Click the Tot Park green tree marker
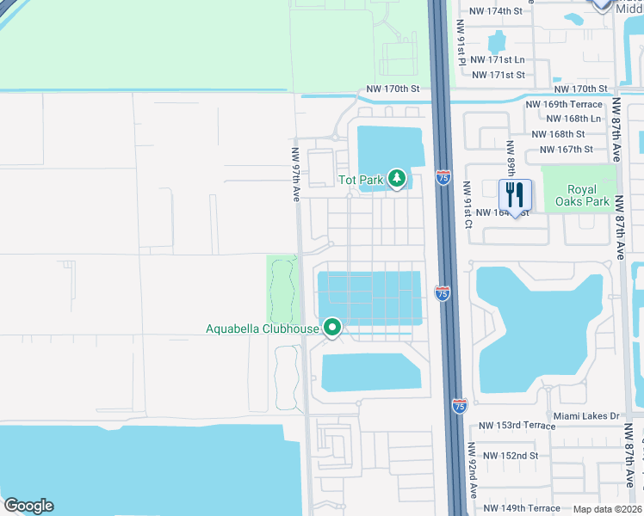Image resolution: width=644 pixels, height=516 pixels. tap(397, 179)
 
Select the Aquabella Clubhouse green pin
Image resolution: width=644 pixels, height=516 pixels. tap(332, 328)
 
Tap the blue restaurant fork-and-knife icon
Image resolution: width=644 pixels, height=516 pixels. tap(516, 195)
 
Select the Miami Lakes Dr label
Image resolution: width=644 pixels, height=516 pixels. tap(586, 416)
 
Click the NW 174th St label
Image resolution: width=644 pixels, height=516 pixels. tap(495, 11)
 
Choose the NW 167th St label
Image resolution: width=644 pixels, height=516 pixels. tap(566, 149)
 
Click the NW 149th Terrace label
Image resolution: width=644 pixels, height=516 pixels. tap(520, 507)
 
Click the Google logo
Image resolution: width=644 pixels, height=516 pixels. tap(28, 506)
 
